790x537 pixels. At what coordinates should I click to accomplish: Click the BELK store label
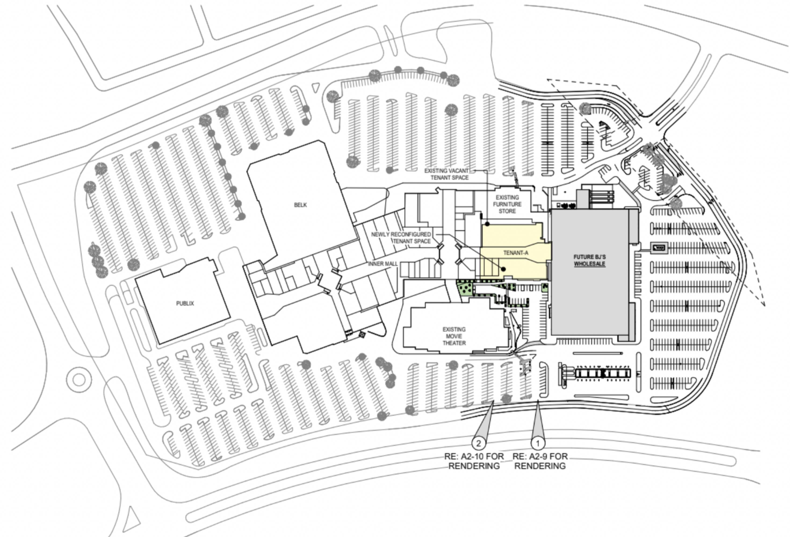300,205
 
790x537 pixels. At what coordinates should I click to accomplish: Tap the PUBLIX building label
185,303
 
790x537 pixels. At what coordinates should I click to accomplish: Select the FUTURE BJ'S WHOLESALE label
589,260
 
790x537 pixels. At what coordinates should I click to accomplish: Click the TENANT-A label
516,253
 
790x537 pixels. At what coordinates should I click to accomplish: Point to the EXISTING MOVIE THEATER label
454,336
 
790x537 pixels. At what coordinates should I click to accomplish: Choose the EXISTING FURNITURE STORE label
507,204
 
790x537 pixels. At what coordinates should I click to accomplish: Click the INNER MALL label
383,264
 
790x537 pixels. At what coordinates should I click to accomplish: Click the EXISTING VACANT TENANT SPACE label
447,174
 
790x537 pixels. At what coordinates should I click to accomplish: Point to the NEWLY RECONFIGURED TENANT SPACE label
401,238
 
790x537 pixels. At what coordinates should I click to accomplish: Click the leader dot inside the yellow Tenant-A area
503,269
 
